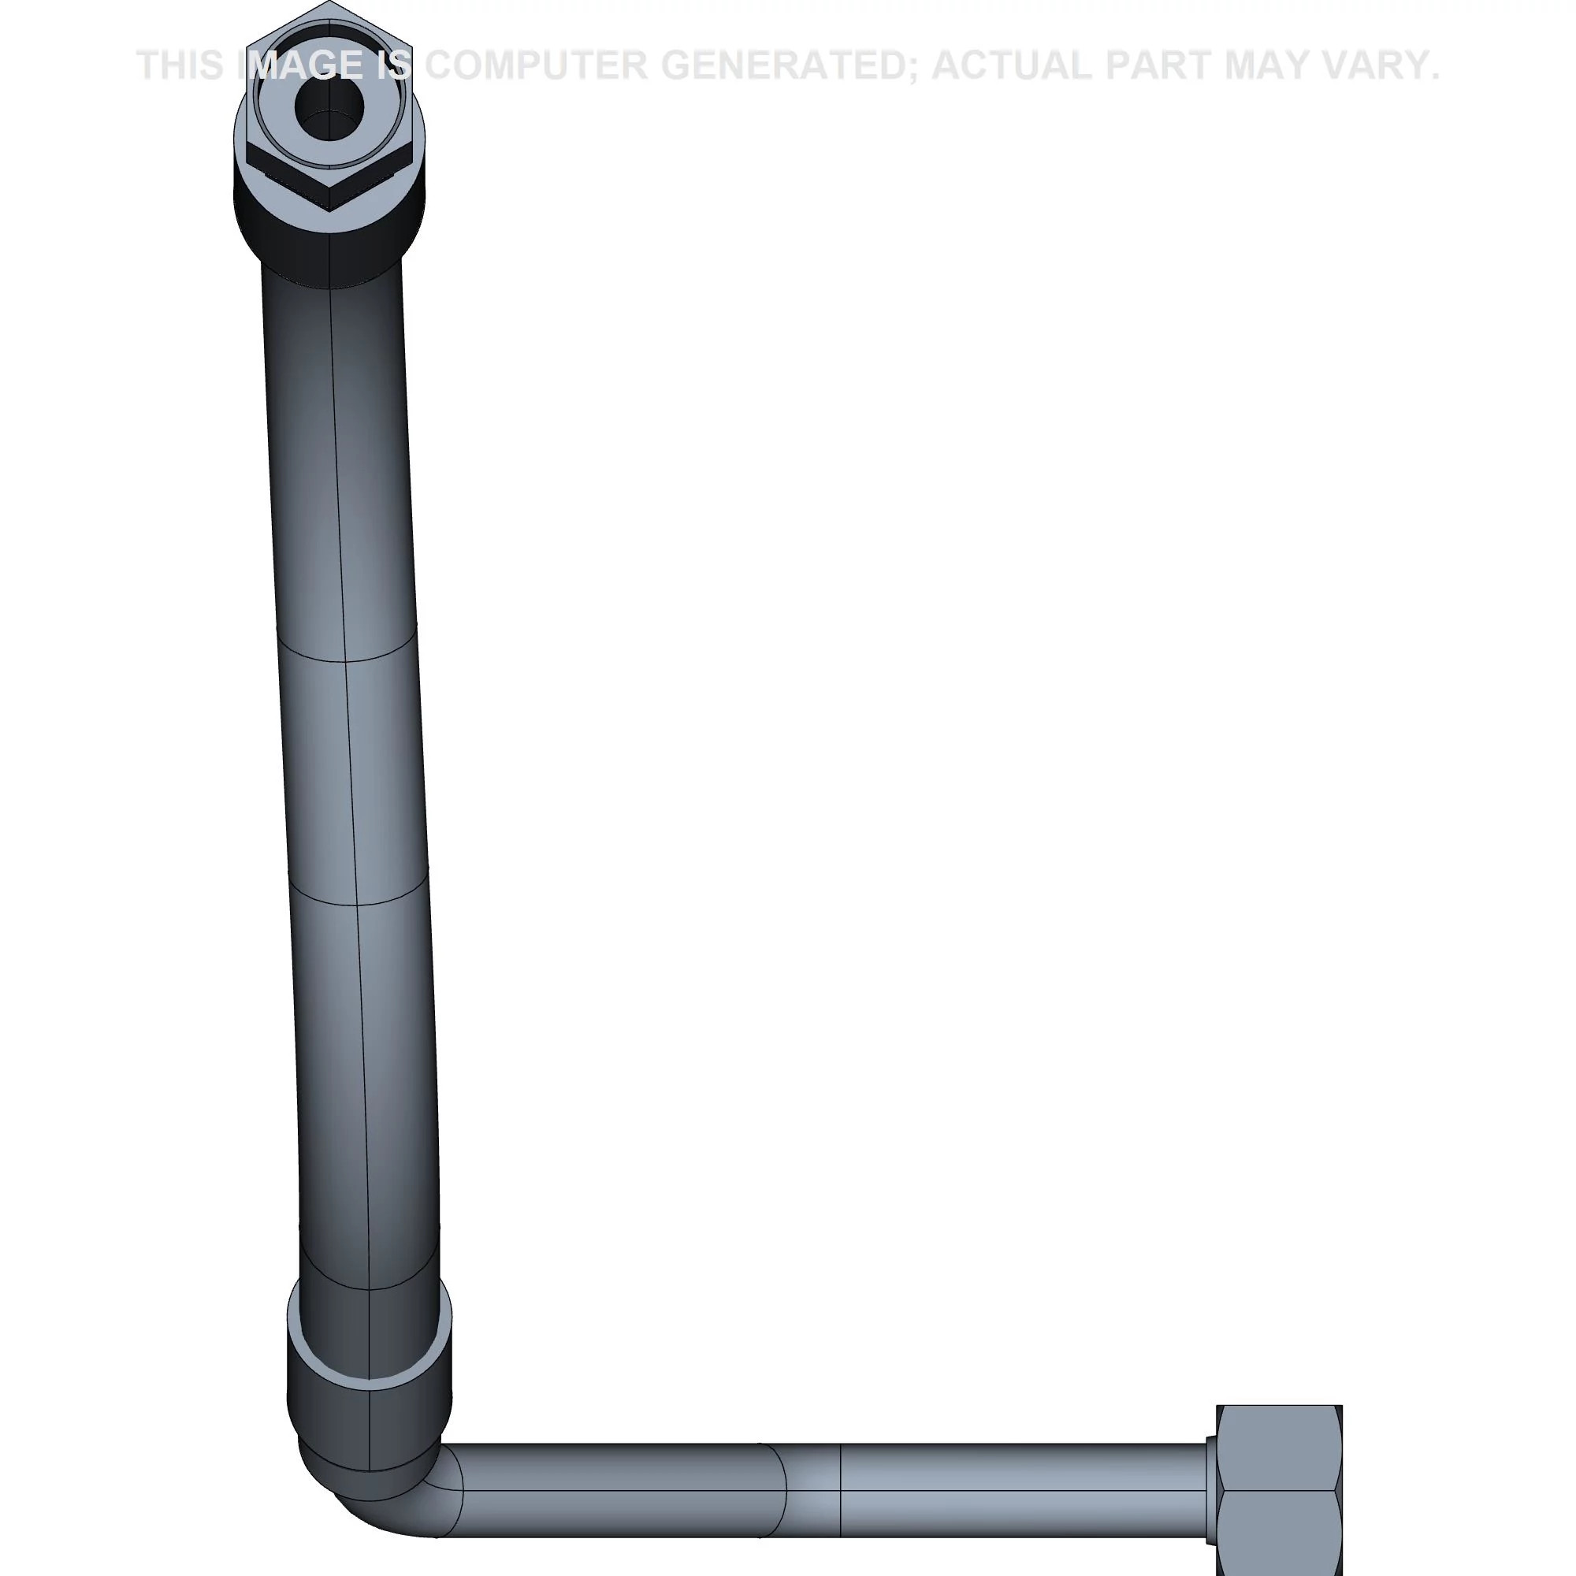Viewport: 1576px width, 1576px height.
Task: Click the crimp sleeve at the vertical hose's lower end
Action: [369, 1378]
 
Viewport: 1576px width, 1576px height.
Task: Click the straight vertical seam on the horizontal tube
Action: [840, 1489]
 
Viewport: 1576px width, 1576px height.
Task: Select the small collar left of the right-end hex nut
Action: [1210, 1489]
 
